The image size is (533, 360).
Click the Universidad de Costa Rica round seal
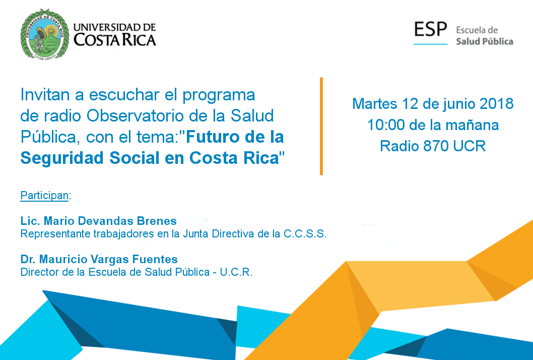click(x=44, y=34)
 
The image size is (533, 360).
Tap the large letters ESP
click(x=430, y=29)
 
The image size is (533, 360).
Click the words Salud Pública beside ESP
click(x=485, y=41)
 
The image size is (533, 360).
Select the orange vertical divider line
click(x=321, y=126)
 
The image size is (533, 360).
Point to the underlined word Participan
click(x=44, y=195)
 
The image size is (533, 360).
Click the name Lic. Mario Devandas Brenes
click(x=99, y=221)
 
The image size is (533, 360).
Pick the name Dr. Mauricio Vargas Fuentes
click(x=99, y=259)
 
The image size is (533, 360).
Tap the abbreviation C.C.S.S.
click(x=305, y=234)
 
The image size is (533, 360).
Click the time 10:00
click(x=386, y=125)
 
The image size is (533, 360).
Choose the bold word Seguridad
click(x=62, y=158)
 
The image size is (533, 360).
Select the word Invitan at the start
click(x=45, y=95)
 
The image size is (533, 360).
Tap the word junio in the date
click(x=459, y=104)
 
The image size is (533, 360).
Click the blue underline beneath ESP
click(x=430, y=44)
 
